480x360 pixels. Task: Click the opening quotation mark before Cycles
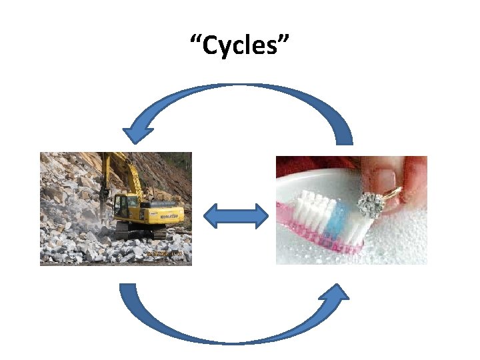click(x=195, y=41)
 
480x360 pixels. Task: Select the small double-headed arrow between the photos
click(x=235, y=217)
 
